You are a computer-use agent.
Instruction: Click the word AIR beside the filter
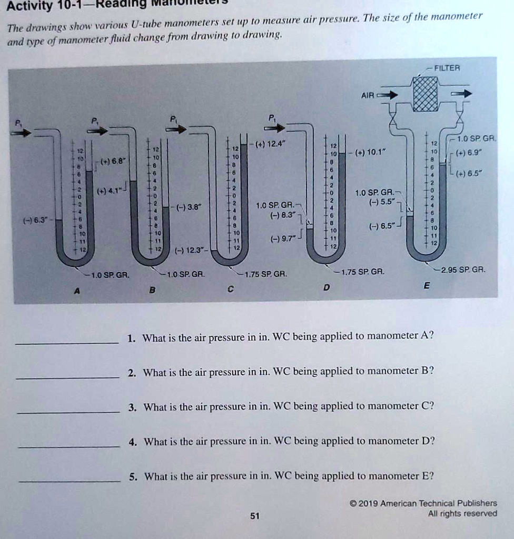[368, 96]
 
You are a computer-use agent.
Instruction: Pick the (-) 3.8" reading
[189, 206]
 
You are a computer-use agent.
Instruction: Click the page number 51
[255, 516]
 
